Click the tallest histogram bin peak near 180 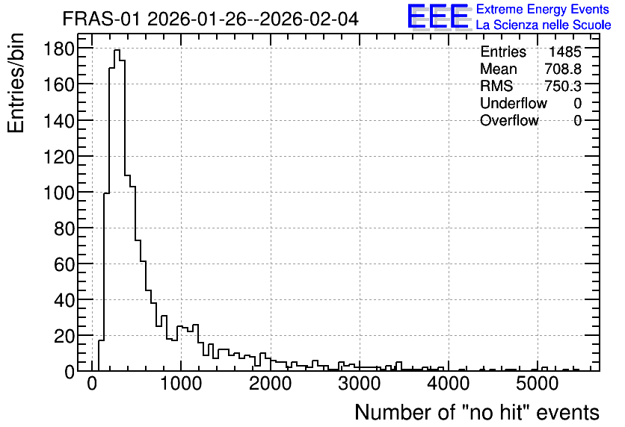coord(117,50)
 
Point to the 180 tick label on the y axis coord(59,49)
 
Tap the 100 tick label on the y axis coord(59,193)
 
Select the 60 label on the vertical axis coord(64,265)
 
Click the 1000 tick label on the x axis coord(181,384)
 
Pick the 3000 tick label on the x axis coord(360,384)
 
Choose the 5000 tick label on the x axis coord(538,384)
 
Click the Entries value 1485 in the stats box coord(564,52)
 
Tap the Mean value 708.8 coord(563,69)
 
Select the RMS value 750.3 coord(563,86)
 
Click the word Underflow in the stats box coord(514,103)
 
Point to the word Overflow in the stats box coord(509,120)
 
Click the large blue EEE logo coord(439,16)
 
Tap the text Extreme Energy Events coord(543,9)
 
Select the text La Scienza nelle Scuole coord(544,25)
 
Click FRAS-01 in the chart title coord(101,19)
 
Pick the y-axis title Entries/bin coord(16,84)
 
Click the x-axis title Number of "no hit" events coord(477,412)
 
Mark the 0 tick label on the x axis coord(92,384)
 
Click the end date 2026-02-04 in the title coord(309,19)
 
